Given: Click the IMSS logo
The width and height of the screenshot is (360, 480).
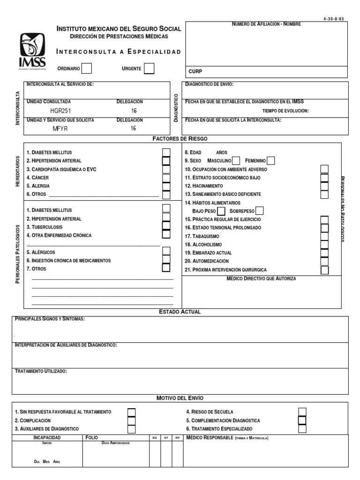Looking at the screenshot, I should (32, 52).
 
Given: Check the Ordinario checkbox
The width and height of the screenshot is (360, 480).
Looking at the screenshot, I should (87, 69).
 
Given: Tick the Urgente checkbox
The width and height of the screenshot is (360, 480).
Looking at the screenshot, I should (149, 69).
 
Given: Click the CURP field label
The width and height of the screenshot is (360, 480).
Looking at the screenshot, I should (195, 71).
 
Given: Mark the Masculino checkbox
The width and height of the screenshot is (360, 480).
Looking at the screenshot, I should (236, 161).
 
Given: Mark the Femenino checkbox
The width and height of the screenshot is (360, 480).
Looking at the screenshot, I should (270, 161).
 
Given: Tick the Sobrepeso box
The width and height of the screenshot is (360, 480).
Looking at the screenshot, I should (259, 211).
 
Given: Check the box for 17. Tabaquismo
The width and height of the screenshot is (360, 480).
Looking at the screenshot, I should (324, 237).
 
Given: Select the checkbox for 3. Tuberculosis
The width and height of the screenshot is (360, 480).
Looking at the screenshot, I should (166, 227).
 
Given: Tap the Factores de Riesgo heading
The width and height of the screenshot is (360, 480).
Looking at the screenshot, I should (180, 139).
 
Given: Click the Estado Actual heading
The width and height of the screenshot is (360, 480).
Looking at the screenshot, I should (180, 312).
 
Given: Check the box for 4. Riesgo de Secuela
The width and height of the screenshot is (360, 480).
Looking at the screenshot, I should (302, 412).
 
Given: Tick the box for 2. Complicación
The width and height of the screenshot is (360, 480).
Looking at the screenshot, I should (131, 420).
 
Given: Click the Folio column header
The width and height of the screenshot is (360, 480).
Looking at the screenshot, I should (92, 437).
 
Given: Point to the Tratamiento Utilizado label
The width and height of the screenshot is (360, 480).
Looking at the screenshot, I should (41, 371).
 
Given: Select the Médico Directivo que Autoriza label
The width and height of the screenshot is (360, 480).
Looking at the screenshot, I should (261, 278).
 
